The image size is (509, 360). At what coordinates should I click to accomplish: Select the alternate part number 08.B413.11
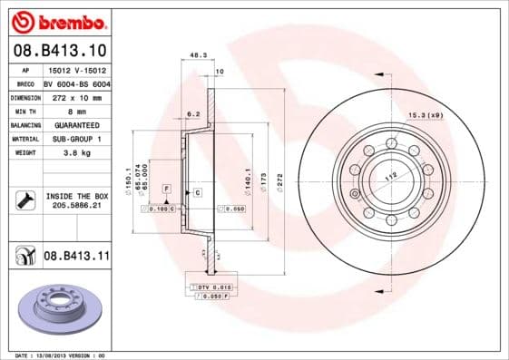pyautogui.click(x=76, y=257)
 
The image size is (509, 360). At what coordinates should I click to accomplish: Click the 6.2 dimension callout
pyautogui.click(x=193, y=114)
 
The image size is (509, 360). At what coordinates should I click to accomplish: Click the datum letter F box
pyautogui.click(x=167, y=187)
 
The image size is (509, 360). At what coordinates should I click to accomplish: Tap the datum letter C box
pyautogui.click(x=197, y=194)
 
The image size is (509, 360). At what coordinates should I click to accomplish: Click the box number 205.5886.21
pyautogui.click(x=75, y=206)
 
